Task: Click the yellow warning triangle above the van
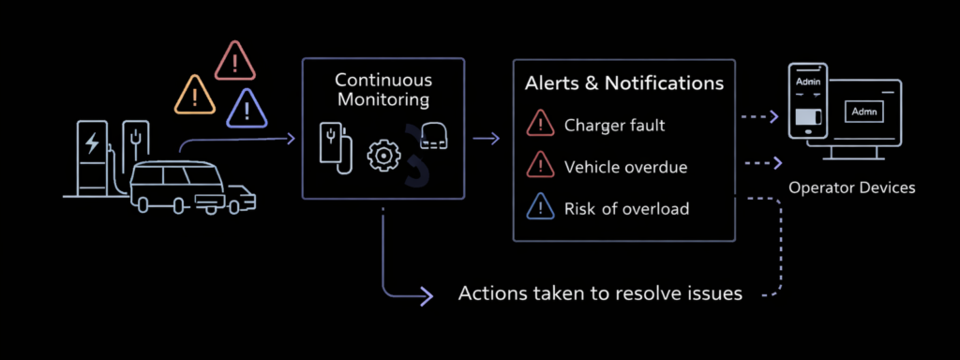[196, 93]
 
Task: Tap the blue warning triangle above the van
[247, 109]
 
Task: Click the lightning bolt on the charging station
[92, 142]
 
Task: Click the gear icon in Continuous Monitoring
[382, 155]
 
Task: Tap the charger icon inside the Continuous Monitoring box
[335, 145]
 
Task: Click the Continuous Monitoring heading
[382, 89]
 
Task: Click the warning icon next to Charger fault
[541, 125]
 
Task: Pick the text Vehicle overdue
[625, 167]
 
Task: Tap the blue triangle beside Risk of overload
[541, 208]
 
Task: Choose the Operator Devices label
[851, 188]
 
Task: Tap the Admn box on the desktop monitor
[863, 112]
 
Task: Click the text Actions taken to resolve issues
[600, 293]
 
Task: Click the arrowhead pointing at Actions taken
[427, 295]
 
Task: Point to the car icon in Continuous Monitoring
[434, 134]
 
